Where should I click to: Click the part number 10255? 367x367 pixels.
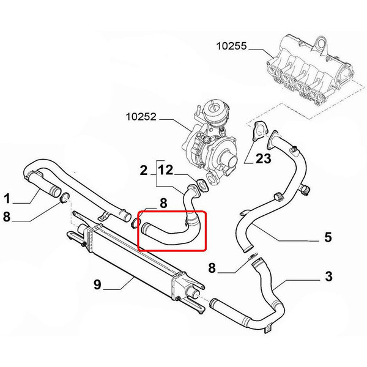point(232,45)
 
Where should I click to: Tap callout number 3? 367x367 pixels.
point(328,277)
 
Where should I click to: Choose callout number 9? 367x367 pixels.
point(97,284)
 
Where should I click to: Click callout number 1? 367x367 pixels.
point(7,198)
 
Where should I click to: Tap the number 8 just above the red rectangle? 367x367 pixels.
point(163,202)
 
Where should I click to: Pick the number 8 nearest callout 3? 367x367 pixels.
point(212,268)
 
